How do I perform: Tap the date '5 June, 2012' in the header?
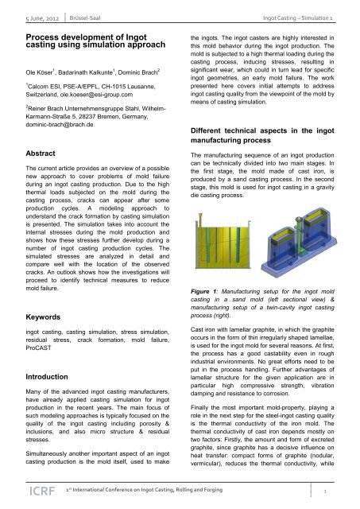click(27, 16)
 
